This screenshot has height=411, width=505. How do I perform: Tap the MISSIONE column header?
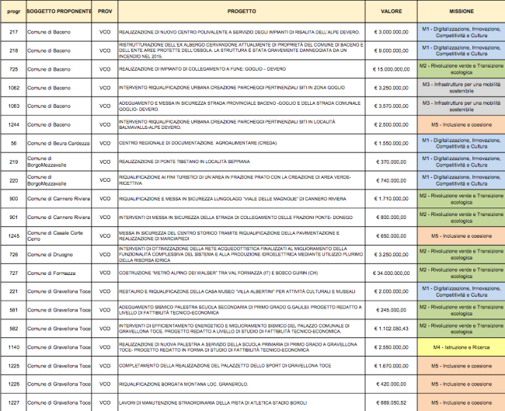[x=461, y=13]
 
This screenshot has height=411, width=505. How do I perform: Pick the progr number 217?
[x=13, y=32]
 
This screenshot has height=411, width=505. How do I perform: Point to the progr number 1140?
[x=13, y=347]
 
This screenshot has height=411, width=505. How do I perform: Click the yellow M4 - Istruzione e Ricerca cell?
[x=461, y=347]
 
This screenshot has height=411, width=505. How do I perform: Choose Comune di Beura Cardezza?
[x=57, y=143]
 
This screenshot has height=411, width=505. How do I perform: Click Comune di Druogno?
[x=50, y=254]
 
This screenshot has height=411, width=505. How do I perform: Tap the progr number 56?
[x=13, y=143]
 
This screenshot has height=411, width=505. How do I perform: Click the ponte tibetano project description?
[x=178, y=162]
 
